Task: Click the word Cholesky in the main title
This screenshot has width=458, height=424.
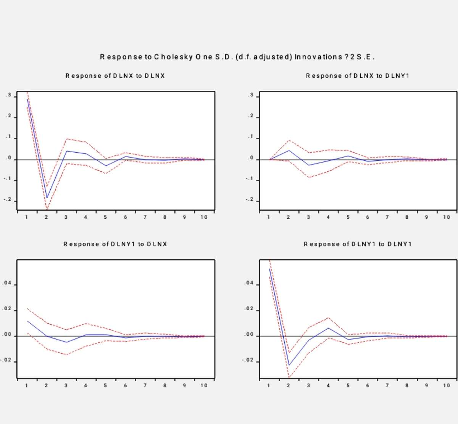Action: point(172,57)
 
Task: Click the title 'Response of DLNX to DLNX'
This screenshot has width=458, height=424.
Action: point(115,76)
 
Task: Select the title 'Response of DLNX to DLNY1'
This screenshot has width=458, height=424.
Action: point(358,76)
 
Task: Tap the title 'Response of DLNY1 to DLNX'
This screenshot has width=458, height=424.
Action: point(115,244)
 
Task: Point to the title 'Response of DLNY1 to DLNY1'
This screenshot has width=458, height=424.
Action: point(358,244)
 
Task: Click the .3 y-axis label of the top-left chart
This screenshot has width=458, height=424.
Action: point(8,95)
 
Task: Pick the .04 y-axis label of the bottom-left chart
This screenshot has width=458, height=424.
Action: point(7,284)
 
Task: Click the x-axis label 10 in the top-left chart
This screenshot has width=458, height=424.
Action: point(204,217)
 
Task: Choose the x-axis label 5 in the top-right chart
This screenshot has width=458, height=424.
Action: point(348,217)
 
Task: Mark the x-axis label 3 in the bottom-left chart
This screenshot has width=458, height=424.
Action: point(66,385)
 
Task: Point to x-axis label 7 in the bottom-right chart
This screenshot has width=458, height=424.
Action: point(387,385)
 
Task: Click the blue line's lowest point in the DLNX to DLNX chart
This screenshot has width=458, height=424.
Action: point(47,198)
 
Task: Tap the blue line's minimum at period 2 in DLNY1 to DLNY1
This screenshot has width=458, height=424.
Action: point(289,365)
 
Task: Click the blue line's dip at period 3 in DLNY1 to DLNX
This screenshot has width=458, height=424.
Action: point(66,342)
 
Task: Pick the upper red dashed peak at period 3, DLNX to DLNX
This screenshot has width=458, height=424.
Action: point(66,139)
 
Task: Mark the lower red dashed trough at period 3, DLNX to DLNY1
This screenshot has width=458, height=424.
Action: point(308,177)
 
